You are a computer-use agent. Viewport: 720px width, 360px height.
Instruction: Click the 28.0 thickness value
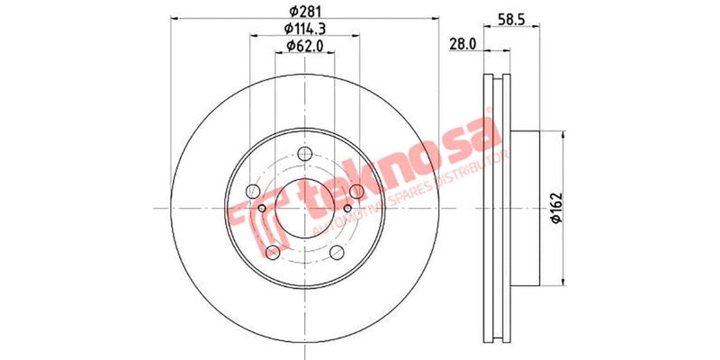pos(463,44)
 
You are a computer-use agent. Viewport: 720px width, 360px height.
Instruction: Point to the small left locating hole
pos(263,209)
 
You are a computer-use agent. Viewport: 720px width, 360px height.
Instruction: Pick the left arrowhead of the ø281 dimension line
pos(174,19)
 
